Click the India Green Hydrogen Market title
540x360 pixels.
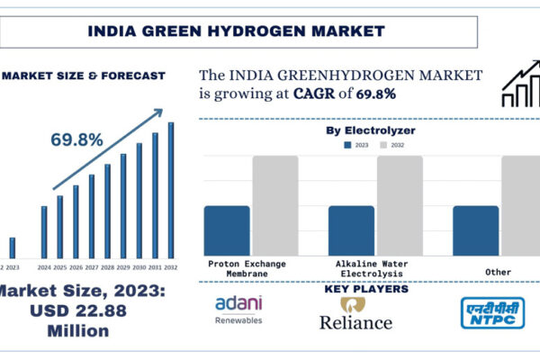[236, 31]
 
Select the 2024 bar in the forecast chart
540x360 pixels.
[44, 232]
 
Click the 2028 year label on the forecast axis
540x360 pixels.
[107, 267]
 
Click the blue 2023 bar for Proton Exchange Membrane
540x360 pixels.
[227, 230]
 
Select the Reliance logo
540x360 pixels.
[355, 314]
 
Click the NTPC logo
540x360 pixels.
[492, 312]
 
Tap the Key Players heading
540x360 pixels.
[364, 289]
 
